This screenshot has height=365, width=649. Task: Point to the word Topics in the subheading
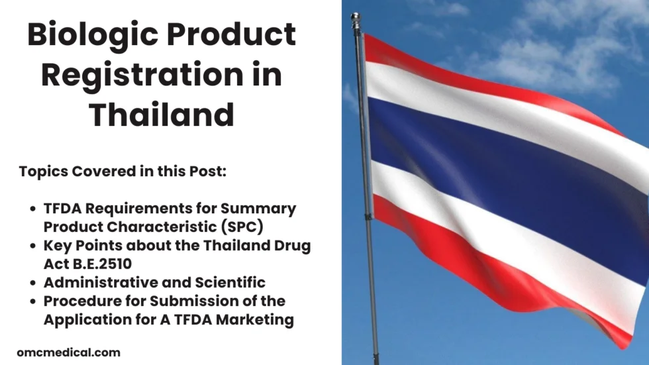click(x=42, y=171)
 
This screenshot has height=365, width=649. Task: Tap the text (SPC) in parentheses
click(x=238, y=227)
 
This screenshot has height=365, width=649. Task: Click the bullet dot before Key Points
click(x=34, y=246)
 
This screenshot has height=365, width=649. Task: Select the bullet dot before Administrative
click(x=34, y=283)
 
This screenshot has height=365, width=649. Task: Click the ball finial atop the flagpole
click(x=356, y=17)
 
